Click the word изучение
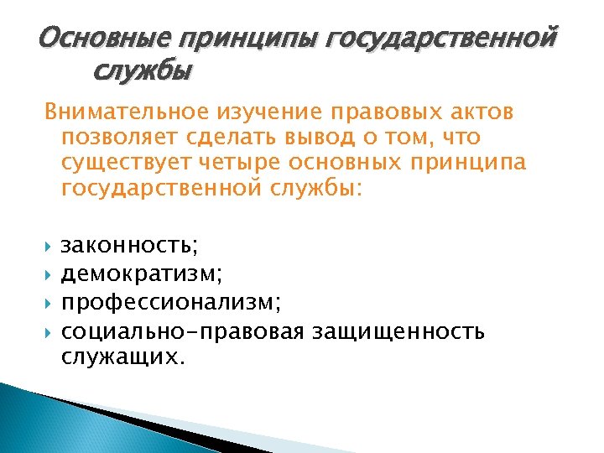261,113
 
